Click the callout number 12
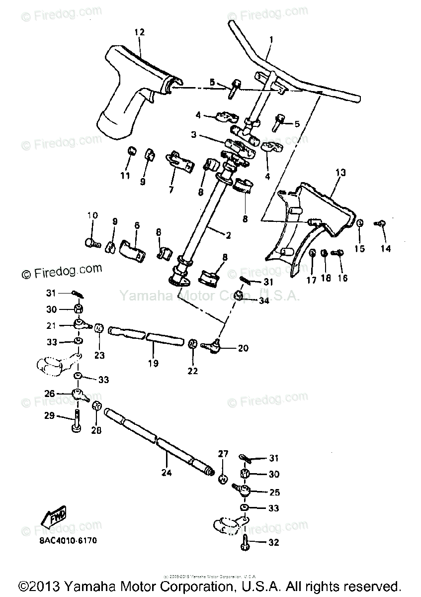pyautogui.click(x=139, y=32)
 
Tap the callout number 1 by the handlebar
pyautogui.click(x=271, y=39)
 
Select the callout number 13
pyautogui.click(x=340, y=173)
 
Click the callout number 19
pyautogui.click(x=153, y=364)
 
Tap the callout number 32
pyautogui.click(x=274, y=543)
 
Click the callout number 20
pyautogui.click(x=243, y=348)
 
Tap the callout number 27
pyautogui.click(x=222, y=454)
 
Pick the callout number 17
pyautogui.click(x=311, y=280)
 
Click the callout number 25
pyautogui.click(x=274, y=493)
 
